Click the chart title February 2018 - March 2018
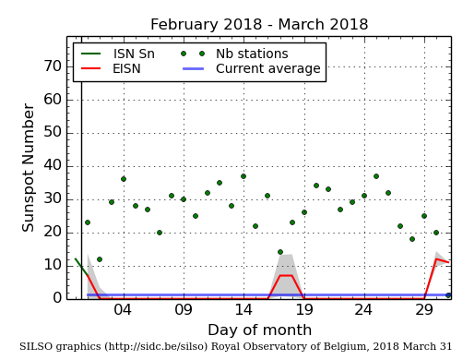259,25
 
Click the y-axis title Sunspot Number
29,167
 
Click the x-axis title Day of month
259,330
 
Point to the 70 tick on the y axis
52,66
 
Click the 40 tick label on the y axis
52,165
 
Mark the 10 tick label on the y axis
52,265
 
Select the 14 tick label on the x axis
243,311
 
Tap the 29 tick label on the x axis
424,311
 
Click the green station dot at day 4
124,179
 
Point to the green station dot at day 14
243,176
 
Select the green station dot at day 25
376,176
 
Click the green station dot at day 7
160,233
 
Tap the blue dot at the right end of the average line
448,295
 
